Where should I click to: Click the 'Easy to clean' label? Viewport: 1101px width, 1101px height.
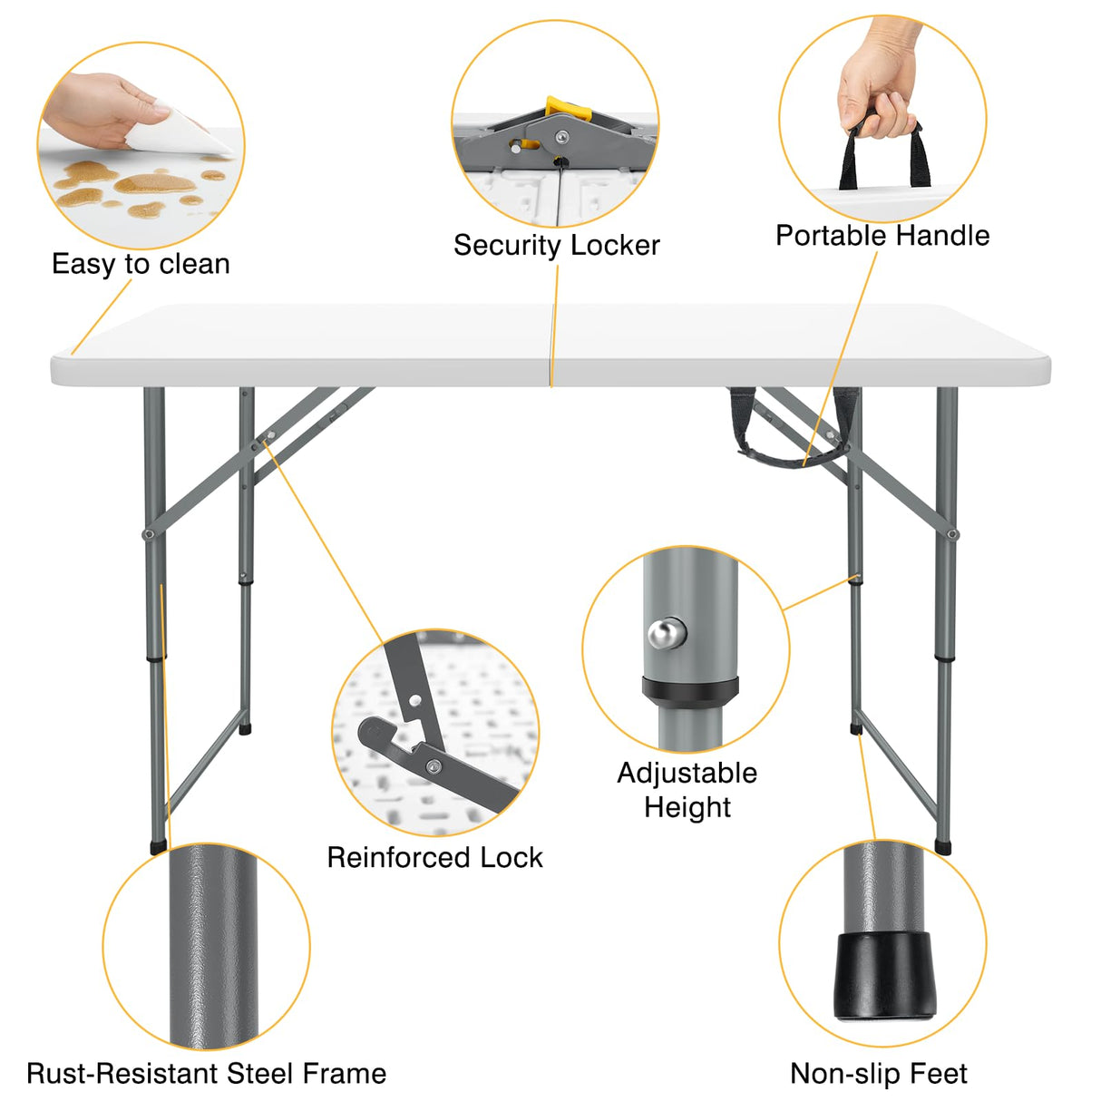coord(141,264)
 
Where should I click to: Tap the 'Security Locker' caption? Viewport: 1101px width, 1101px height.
coord(556,245)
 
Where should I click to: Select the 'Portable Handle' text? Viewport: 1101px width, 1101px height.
coord(882,236)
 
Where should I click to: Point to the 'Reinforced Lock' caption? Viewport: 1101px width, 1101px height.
coord(434,857)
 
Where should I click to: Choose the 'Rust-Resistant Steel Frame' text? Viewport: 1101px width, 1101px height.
coord(206,1074)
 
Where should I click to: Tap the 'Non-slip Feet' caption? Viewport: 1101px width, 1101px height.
coord(878,1074)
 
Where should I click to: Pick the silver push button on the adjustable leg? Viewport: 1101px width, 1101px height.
coord(667,633)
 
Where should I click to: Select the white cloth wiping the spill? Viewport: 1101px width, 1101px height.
coord(177,136)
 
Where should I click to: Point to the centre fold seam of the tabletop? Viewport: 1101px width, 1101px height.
coord(552,345)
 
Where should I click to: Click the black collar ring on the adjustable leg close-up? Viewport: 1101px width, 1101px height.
coord(690,688)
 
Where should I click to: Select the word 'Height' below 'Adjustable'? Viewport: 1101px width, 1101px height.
coord(687,806)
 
